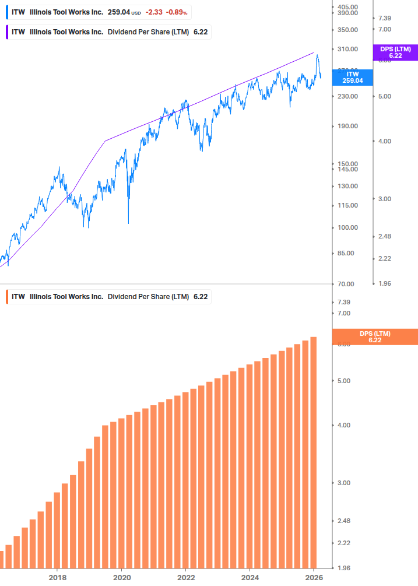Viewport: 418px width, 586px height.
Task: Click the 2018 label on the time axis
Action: click(x=57, y=577)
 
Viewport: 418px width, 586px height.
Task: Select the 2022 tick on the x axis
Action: click(x=185, y=577)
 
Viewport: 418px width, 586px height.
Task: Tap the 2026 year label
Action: click(x=314, y=577)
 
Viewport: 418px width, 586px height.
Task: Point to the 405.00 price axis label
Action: click(x=347, y=7)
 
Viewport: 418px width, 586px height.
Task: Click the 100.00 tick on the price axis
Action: click(x=347, y=227)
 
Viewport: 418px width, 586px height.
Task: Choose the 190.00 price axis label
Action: click(x=347, y=126)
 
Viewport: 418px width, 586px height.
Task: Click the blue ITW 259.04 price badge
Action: click(x=352, y=78)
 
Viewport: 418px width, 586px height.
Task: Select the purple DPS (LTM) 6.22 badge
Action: click(x=395, y=52)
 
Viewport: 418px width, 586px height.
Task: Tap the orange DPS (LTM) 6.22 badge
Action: click(x=374, y=337)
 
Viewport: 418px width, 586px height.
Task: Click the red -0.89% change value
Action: click(x=177, y=12)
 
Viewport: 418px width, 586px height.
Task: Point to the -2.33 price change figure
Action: click(x=154, y=12)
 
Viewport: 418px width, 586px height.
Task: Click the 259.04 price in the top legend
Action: click(x=118, y=12)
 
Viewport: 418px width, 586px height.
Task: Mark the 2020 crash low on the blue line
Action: click(x=128, y=223)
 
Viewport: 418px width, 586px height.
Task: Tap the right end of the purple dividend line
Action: click(x=314, y=52)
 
